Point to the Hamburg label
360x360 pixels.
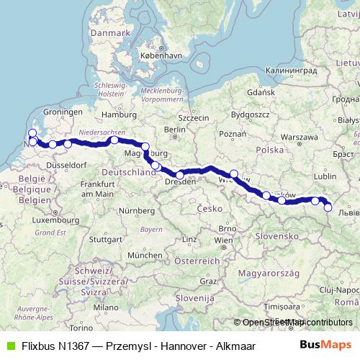pyautogui.click(x=114, y=114)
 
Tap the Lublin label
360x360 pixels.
pyautogui.click(x=325, y=175)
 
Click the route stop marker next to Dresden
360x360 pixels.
pyautogui.click(x=180, y=175)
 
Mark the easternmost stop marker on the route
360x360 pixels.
pyautogui.click(x=328, y=207)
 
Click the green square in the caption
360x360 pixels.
pyautogui.click(x=10, y=346)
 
